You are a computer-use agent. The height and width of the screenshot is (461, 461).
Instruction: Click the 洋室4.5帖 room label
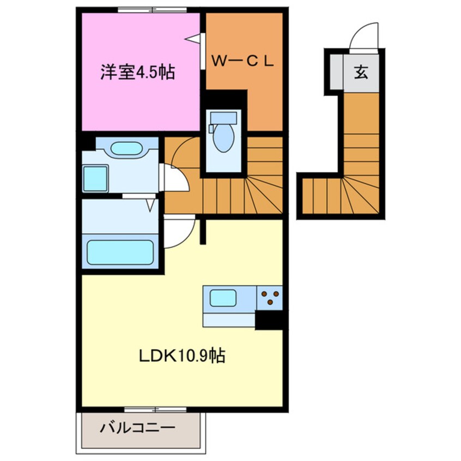(x=138, y=72)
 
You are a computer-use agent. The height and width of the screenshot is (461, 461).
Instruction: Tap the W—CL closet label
(x=242, y=61)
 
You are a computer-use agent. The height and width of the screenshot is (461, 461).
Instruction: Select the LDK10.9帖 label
(x=182, y=356)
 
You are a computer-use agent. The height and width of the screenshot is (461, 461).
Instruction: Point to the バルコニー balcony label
(x=138, y=427)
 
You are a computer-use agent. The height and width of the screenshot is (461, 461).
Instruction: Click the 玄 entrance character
(x=361, y=72)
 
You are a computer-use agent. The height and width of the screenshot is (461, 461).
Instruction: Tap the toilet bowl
(x=224, y=138)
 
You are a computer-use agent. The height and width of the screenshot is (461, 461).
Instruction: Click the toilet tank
(x=224, y=118)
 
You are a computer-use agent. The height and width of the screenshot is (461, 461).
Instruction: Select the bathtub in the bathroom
(x=120, y=252)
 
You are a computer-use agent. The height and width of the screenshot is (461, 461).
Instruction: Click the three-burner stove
(x=270, y=298)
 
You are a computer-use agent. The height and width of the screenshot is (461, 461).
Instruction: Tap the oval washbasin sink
(x=126, y=148)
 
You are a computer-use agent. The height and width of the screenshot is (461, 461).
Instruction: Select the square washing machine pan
(x=95, y=179)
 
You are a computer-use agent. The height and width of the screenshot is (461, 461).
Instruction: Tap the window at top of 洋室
(x=152, y=10)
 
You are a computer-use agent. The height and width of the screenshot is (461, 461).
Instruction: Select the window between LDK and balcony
(x=155, y=409)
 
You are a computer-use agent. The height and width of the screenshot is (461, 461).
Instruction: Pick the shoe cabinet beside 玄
(x=336, y=72)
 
